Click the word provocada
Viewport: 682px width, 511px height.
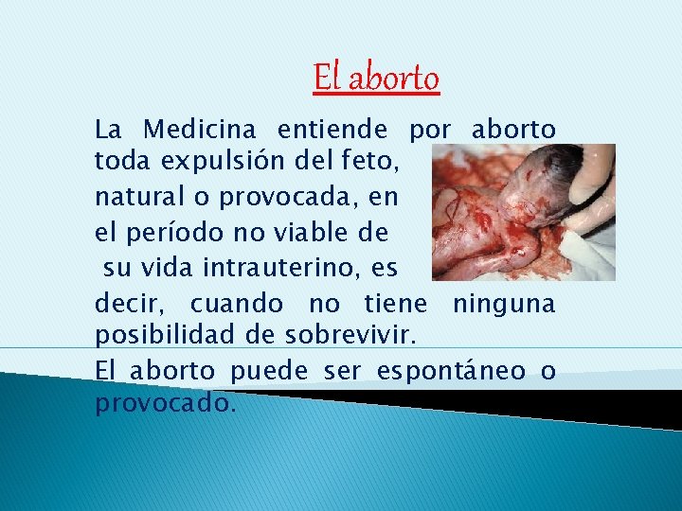pyautogui.click(x=298, y=198)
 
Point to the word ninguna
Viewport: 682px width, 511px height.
pyautogui.click(x=503, y=304)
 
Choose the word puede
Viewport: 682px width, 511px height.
pyautogui.click(x=273, y=371)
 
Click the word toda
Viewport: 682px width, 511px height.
pyautogui.click(x=120, y=163)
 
